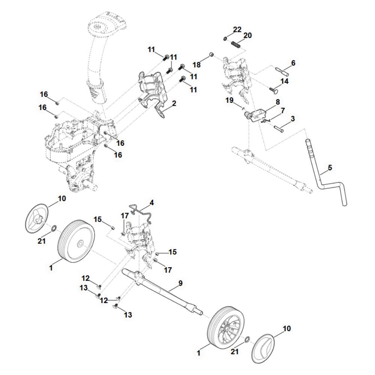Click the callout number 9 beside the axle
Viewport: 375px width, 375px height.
180,283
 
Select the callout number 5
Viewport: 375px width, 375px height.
330,168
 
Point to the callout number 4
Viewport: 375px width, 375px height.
151,203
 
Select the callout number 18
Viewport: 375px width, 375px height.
197,64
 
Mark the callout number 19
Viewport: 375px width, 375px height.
229,100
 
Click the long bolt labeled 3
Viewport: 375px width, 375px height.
279,127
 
